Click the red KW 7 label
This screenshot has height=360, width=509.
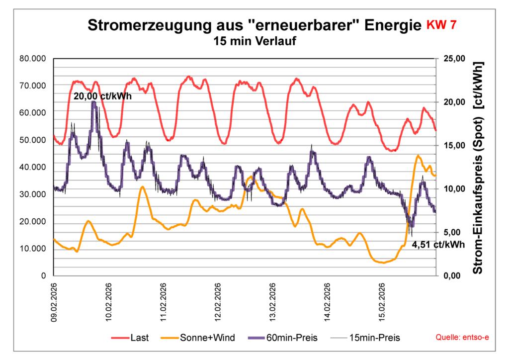point(441,25)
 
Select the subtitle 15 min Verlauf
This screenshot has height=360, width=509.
point(254,41)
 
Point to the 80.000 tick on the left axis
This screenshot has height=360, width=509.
point(32,58)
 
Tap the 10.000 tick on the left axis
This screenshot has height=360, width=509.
point(32,249)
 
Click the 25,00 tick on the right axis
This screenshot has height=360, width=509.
point(453,58)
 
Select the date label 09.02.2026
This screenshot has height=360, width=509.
point(55,302)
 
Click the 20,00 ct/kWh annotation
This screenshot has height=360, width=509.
point(102,96)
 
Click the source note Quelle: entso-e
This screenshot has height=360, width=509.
point(462,338)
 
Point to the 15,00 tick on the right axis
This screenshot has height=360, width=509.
point(453,145)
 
